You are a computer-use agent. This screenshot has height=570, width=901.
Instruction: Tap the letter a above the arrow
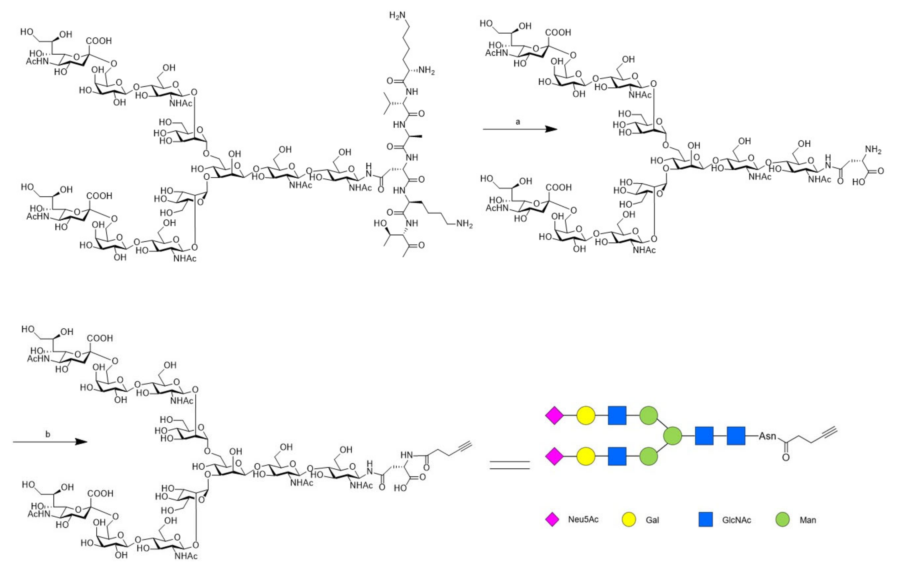(518, 122)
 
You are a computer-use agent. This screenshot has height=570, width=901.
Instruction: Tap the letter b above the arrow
(48, 434)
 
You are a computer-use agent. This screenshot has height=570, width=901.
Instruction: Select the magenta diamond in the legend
(552, 520)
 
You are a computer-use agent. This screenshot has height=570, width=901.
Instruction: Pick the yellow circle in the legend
(629, 520)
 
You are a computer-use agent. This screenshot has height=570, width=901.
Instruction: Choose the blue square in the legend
(705, 520)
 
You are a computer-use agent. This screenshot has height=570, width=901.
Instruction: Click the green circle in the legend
(782, 520)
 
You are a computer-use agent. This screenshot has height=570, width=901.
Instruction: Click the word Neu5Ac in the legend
(583, 520)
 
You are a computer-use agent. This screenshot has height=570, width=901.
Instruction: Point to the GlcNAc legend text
(736, 520)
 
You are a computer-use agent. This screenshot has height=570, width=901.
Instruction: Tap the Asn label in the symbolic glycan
(767, 436)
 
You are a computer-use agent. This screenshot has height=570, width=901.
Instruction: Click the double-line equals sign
(510, 465)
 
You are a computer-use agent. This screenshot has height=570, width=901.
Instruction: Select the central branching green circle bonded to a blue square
(672, 436)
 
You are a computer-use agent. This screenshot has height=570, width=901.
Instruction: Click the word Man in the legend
(808, 520)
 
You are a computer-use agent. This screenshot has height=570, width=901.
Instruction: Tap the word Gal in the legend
(652, 520)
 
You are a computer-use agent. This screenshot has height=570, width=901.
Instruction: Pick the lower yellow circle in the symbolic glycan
(586, 456)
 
